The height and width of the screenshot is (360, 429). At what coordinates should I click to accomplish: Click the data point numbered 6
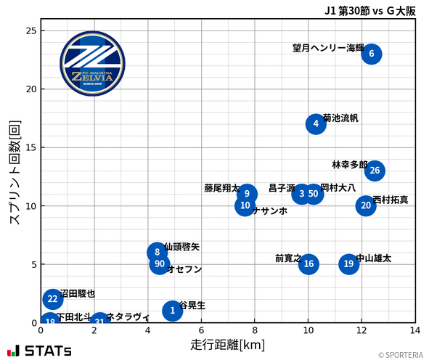371,54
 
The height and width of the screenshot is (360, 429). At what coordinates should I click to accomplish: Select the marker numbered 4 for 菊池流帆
316,124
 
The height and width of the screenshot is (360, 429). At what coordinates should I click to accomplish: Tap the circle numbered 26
375,171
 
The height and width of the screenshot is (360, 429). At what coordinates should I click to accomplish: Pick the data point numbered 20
366,205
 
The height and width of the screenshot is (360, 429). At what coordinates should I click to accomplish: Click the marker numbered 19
349,263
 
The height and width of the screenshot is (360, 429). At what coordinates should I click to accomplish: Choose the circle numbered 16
309,263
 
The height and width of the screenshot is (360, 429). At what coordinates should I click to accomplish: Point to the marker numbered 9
247,194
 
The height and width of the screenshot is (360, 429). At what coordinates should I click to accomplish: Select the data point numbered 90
160,263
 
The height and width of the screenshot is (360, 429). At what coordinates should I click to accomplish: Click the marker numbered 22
52,299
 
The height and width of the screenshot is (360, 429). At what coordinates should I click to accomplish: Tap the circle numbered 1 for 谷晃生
172,311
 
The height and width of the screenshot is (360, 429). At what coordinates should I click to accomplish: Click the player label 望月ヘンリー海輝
328,49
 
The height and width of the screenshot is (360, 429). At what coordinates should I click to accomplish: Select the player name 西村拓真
391,200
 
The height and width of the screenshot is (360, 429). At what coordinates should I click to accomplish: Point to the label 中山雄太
374,258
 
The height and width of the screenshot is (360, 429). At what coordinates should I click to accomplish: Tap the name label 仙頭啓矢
182,247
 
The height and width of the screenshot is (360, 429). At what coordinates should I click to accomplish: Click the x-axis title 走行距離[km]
227,344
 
